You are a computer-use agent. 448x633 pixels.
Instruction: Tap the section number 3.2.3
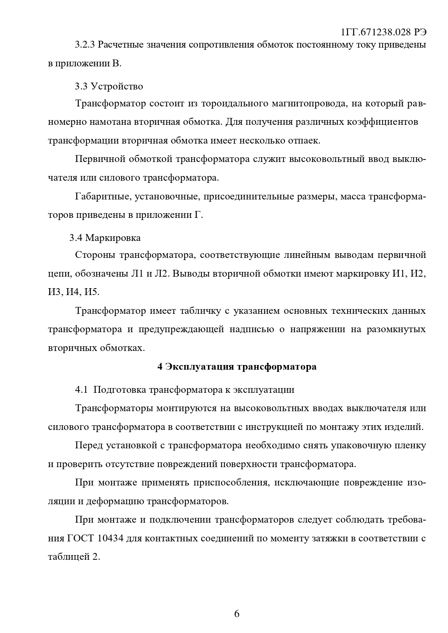(x=85, y=45)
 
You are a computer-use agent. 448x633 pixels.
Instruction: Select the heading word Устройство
(x=117, y=86)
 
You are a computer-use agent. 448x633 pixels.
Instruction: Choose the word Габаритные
(x=100, y=197)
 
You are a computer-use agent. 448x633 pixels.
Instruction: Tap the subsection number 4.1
(x=81, y=390)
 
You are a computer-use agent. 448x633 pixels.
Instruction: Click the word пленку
(x=411, y=445)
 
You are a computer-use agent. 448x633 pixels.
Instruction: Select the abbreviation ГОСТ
(x=80, y=539)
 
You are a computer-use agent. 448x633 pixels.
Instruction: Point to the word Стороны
(x=95, y=255)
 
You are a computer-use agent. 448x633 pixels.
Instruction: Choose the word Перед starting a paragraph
(x=88, y=445)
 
